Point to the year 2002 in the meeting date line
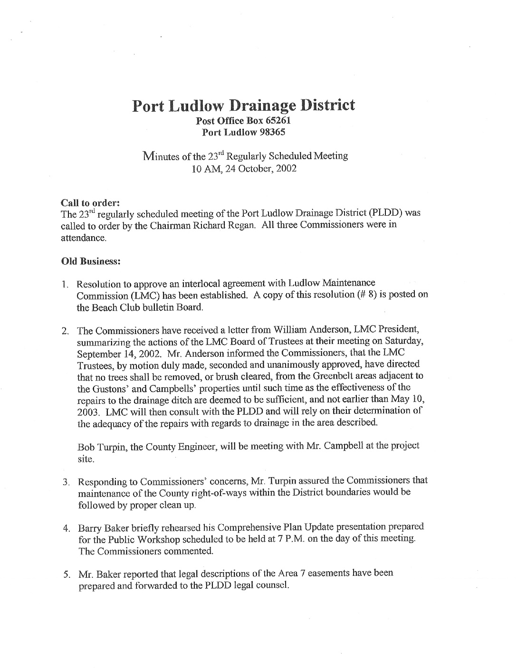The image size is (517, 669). tap(286, 169)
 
